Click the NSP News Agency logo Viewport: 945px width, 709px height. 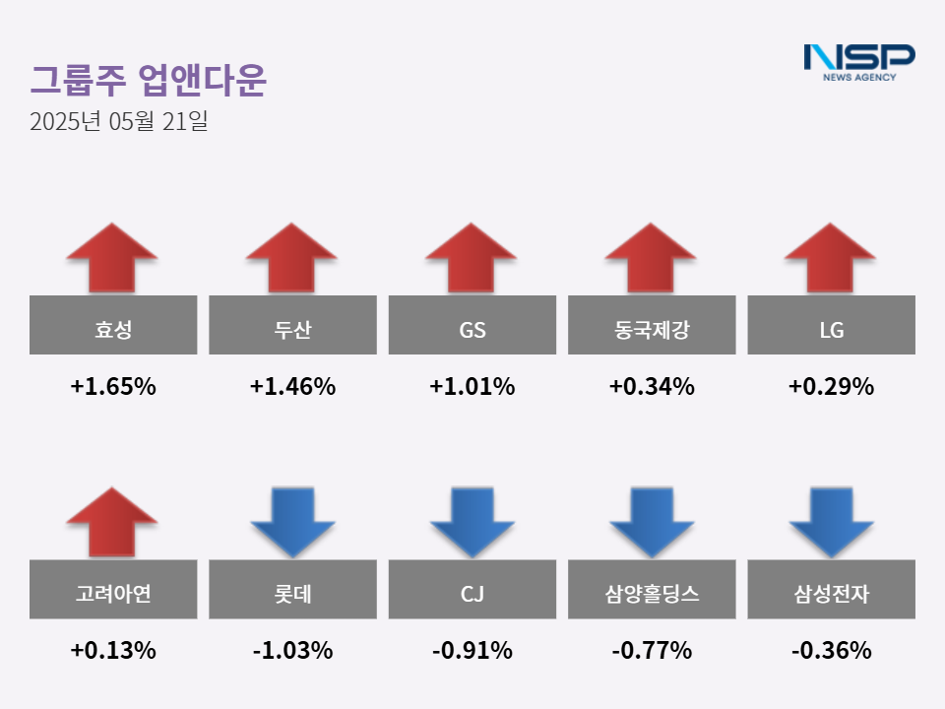coord(858,61)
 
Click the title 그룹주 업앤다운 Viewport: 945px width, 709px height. coord(148,81)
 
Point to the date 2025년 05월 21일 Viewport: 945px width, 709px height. coord(118,123)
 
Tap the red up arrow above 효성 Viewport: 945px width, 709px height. coord(112,257)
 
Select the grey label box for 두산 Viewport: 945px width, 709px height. coord(292,325)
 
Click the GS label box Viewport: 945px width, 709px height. coord(472,325)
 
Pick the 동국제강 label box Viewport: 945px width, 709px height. coord(652,325)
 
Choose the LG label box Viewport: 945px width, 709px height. coord(832,325)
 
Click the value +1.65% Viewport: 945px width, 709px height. coord(113,387)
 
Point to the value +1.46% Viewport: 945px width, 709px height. coord(292,387)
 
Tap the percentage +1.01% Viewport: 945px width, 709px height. coord(472,387)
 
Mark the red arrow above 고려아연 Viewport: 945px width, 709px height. coord(112,522)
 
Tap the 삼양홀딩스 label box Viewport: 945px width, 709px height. coord(652,589)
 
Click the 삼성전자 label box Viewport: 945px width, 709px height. coord(832,589)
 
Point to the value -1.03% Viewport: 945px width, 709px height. coord(292,651)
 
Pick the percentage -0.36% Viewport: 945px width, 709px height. coord(832,651)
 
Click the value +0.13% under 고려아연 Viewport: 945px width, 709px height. coord(113,651)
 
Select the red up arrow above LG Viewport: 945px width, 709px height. coord(831,257)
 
